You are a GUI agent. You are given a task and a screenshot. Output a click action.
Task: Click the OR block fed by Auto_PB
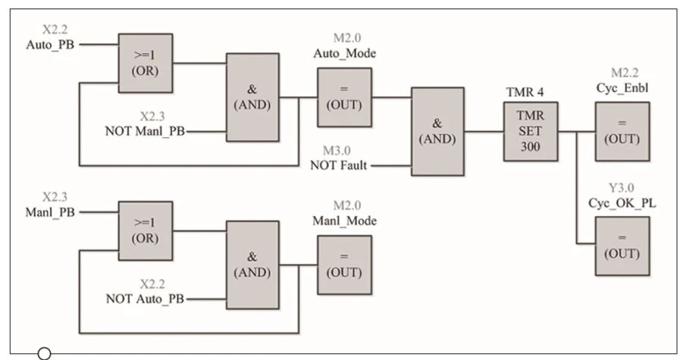[x=146, y=62]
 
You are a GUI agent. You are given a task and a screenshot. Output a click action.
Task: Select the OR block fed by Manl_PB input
[x=146, y=230]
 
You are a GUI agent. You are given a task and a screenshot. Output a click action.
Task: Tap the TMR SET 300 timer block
[x=531, y=131]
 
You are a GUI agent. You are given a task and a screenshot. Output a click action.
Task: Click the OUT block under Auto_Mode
[x=344, y=97]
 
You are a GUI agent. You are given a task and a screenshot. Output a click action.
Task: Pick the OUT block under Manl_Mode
[x=344, y=265]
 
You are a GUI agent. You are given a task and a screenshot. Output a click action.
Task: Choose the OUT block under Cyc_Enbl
[x=622, y=131]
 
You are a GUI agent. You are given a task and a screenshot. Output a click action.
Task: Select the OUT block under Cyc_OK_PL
[x=622, y=246]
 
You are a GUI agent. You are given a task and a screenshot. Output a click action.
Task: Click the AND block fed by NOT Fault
[x=437, y=132]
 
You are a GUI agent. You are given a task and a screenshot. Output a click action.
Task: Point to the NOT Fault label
[x=340, y=164]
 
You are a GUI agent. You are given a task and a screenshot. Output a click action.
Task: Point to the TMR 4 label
[x=528, y=92]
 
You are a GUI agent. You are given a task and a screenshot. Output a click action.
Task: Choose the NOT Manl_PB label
[x=145, y=131]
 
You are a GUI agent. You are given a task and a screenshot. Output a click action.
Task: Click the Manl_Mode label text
[x=344, y=221]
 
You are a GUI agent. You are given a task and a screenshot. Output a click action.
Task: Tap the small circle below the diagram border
[x=44, y=352]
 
